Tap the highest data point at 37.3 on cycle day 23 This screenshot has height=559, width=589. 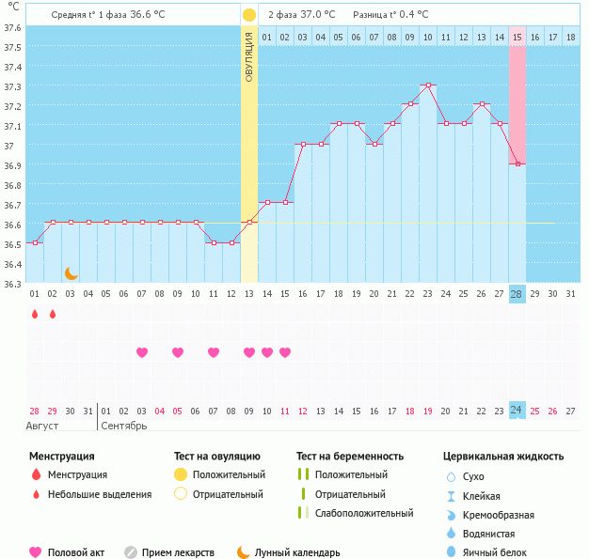pos(427,85)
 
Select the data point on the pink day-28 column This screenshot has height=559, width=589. pos(517,164)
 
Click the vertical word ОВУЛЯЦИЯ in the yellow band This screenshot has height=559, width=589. pos(249,57)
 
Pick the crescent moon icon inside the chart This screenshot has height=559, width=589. pos(71,273)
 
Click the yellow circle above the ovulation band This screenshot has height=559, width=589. pos(249,15)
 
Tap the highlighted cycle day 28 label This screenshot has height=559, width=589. pos(517,294)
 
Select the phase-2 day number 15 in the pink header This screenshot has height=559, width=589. pos(517,38)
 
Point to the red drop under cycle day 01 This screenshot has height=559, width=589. pos(35,315)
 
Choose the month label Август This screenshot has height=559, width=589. pos(42,427)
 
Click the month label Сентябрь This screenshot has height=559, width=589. pos(123,427)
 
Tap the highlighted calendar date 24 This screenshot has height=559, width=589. pos(517,411)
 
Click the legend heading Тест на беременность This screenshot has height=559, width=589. pos(350,457)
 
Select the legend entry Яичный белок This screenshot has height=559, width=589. pos(501,553)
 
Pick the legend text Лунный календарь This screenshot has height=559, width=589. pos(297,553)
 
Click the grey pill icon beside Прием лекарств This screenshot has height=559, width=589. pos(131,553)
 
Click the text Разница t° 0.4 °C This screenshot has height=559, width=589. pos(390,15)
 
